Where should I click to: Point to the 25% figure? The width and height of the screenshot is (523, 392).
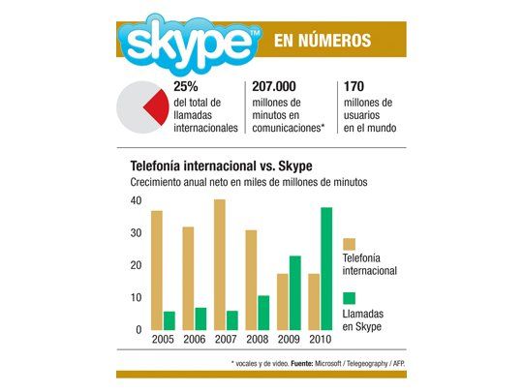point(186,86)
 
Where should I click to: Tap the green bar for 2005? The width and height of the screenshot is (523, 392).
point(169,320)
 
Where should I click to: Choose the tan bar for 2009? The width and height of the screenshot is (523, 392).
point(282,301)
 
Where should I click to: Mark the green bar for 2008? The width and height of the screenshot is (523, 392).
point(263,312)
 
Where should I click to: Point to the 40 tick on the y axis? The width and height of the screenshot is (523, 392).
point(137,200)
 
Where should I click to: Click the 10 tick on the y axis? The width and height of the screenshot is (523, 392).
point(137,298)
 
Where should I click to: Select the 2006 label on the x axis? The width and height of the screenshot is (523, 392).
point(195,342)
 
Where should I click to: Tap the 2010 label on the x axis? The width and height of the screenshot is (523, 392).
point(319,342)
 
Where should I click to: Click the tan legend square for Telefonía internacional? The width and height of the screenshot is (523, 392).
point(349,244)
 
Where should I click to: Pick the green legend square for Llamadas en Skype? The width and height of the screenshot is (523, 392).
point(349,298)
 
